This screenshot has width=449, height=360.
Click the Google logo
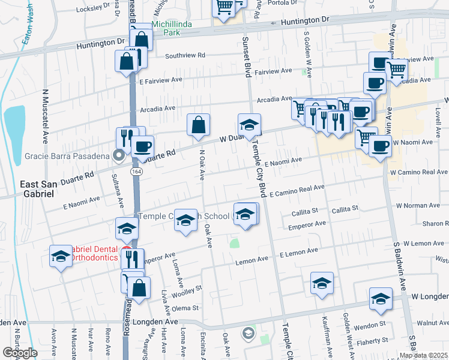click(x=20, y=353)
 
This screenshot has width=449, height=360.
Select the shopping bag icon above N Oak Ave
click(x=198, y=125)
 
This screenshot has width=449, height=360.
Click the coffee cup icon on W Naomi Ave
click(x=379, y=146)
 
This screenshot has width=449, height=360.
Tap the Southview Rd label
click(x=185, y=55)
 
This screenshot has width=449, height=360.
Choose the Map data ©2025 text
click(x=423, y=355)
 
